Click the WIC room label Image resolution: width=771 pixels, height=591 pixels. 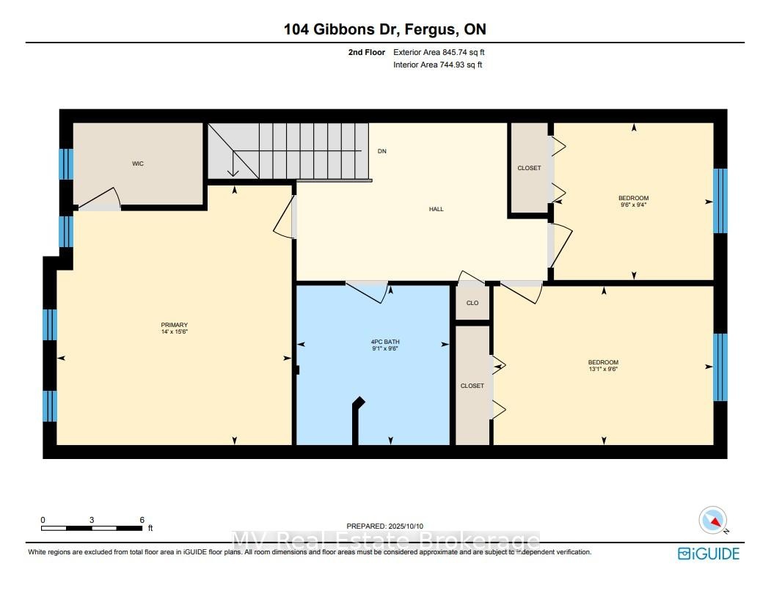coord(138,164)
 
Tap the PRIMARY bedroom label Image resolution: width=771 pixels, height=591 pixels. coord(174,325)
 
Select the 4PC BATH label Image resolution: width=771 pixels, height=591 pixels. coord(385,342)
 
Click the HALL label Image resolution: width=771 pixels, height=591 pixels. coord(436,209)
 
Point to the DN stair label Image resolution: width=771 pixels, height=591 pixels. coord(382,151)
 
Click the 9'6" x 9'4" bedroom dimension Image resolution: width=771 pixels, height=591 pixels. coord(633,205)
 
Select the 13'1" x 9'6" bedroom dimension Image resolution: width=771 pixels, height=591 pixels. coord(603,369)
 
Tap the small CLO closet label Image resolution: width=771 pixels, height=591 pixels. coord(472,303)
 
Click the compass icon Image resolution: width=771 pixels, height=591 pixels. coord(712,520)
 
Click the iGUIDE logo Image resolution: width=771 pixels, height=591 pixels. coord(709,554)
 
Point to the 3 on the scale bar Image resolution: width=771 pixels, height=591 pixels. coord(92,520)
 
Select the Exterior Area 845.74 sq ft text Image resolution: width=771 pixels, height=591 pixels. coord(439,52)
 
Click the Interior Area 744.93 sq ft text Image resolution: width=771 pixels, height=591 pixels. coord(438,65)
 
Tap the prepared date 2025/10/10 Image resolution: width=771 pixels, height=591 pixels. coord(406,526)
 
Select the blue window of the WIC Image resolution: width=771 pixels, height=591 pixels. coord(66,164)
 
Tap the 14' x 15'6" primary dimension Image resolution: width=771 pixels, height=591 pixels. coord(174,332)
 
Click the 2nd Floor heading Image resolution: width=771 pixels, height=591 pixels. coord(367,52)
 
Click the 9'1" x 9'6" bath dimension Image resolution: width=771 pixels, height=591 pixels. coord(385,348)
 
